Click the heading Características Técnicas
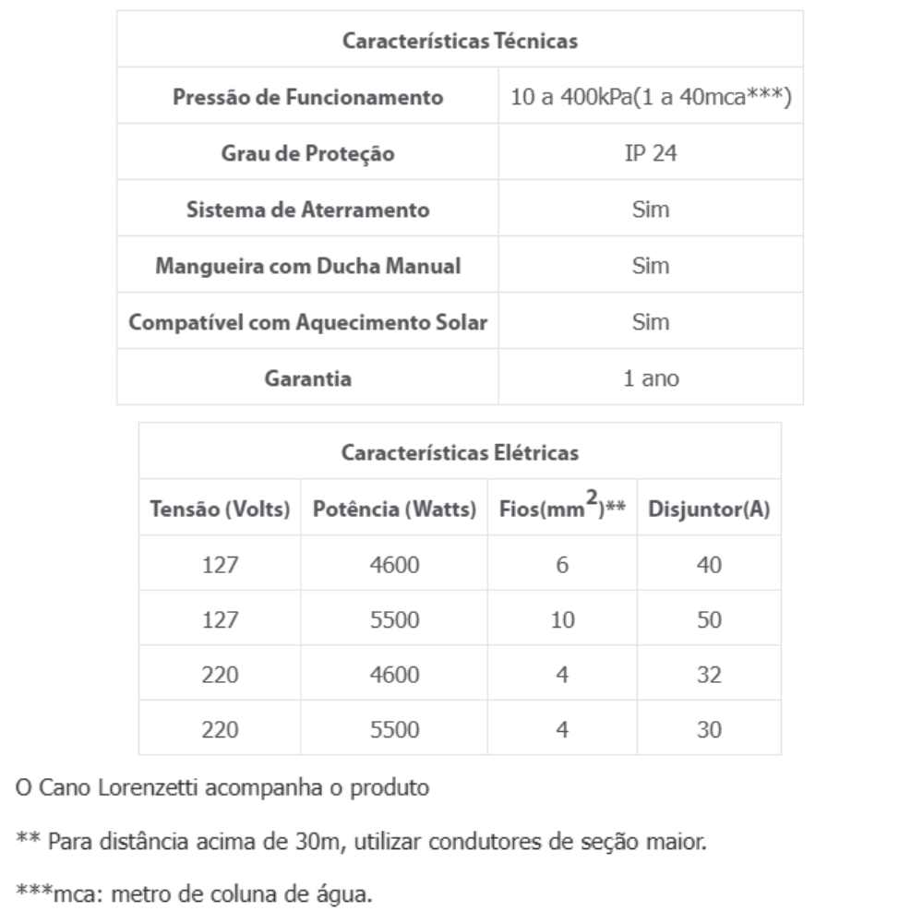460,41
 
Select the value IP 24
651,153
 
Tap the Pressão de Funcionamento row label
308,97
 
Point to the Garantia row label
308,378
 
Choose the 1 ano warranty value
651,378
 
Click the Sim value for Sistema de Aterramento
651,210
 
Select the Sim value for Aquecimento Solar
651,322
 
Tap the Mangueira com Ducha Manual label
308,266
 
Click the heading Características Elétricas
460,452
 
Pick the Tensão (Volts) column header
221,509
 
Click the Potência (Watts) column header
394,509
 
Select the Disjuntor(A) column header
710,509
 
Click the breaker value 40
710,565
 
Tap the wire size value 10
562,620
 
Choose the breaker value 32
710,675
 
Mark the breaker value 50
710,620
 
